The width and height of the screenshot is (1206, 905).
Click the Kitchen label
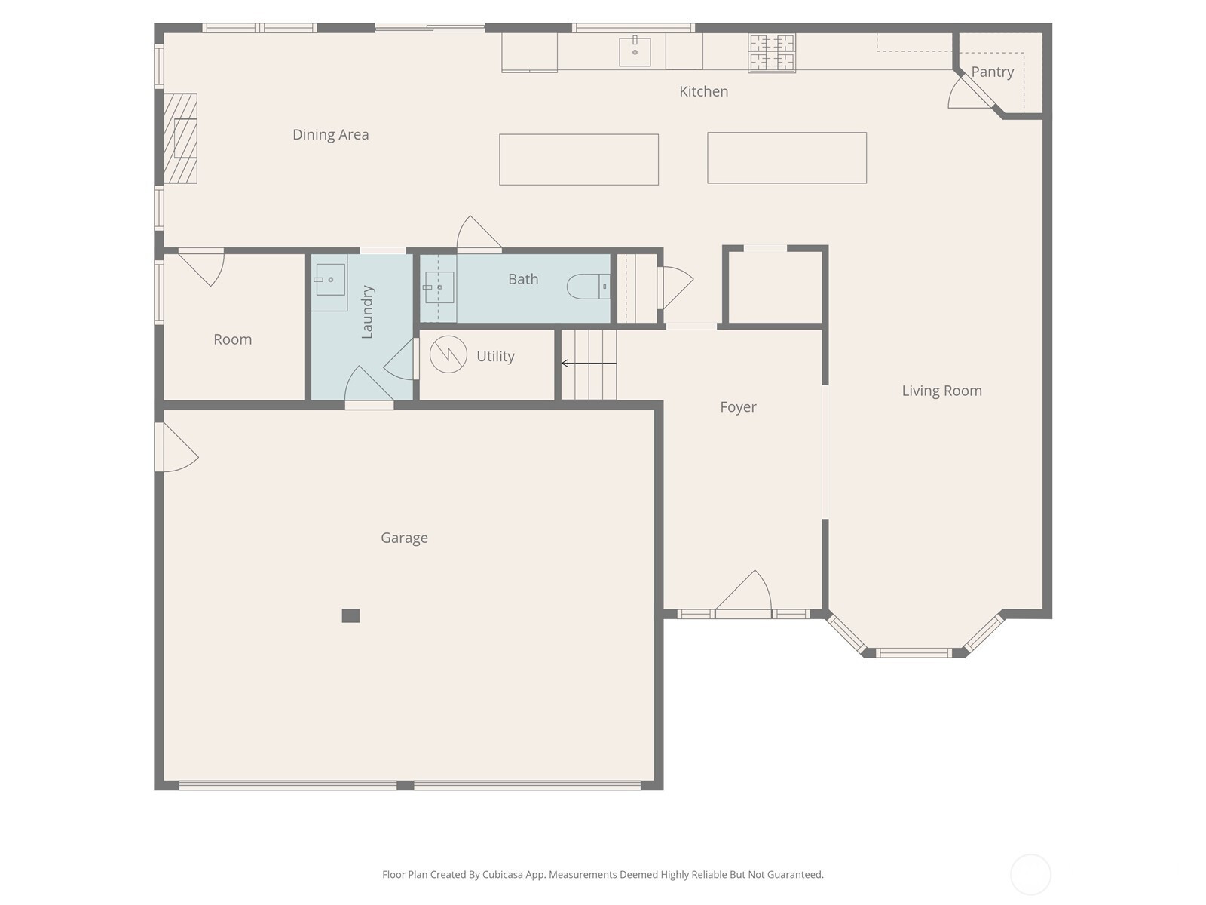(703, 91)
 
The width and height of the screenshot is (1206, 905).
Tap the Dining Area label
(330, 135)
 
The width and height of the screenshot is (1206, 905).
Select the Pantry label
(992, 72)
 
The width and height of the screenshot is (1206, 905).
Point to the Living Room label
(941, 391)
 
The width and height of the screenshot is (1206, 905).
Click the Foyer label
(738, 407)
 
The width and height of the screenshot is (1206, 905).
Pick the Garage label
(404, 538)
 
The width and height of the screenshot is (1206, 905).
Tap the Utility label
(495, 357)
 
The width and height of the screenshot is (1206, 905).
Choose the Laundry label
(367, 311)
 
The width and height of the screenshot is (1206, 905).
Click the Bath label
(523, 279)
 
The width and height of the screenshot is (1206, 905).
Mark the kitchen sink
(635, 51)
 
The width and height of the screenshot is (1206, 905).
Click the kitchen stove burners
(771, 54)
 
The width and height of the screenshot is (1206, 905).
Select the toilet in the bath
(589, 287)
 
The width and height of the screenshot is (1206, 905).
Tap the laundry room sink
(330, 280)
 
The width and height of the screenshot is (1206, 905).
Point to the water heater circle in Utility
(448, 354)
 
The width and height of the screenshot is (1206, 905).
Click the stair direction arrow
(589, 364)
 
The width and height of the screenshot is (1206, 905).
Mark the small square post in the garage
(350, 615)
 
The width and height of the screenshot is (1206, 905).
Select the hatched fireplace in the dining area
(180, 139)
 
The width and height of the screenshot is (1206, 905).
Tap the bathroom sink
(439, 287)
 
